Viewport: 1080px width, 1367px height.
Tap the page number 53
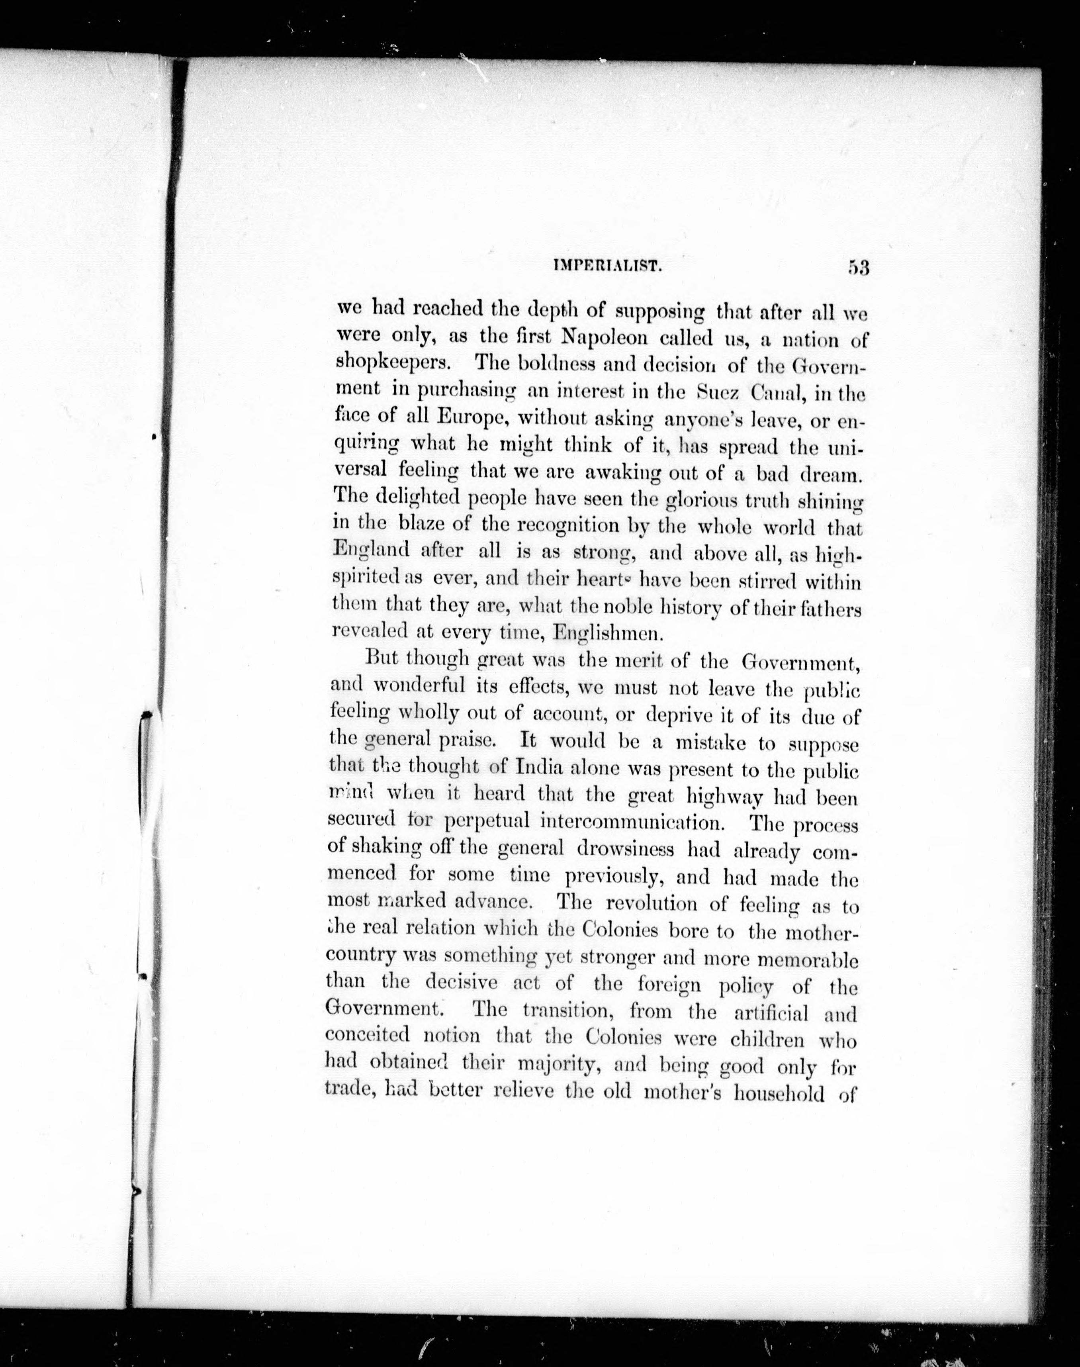point(859,267)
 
